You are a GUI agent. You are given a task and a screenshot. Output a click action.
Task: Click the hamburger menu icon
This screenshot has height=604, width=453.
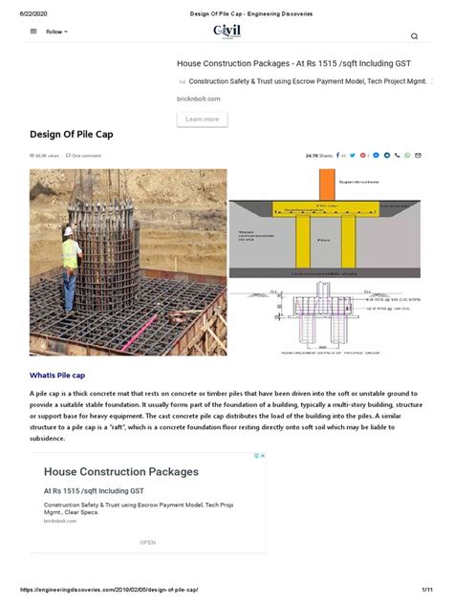(x=34, y=31)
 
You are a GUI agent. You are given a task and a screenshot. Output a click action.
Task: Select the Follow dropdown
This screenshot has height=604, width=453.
(x=56, y=32)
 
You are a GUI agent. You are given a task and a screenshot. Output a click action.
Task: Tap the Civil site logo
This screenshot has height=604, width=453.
(x=227, y=32)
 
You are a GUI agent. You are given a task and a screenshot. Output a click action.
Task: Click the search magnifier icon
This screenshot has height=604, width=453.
(x=414, y=36)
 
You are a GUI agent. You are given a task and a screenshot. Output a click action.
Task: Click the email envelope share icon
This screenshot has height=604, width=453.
(x=418, y=155)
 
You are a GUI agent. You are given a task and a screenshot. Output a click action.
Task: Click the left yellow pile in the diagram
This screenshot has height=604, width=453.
(x=303, y=243)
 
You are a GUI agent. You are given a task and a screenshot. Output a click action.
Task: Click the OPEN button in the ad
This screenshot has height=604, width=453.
(x=147, y=542)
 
